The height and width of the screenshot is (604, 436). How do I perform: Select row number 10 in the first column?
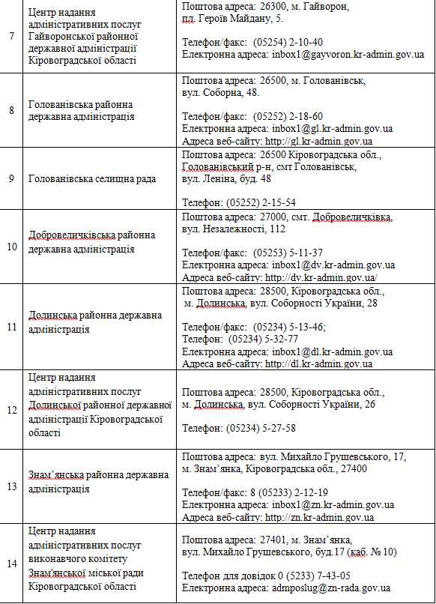tap(11, 247)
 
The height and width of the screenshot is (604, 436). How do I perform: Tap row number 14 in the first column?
tap(11, 564)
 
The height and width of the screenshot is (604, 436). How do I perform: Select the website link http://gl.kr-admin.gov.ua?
tap(319, 141)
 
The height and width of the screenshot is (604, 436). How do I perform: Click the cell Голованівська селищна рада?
tap(92, 179)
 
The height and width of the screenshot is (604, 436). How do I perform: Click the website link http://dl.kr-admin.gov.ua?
tap(319, 364)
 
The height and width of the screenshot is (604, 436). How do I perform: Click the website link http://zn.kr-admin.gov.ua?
tap(320, 518)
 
